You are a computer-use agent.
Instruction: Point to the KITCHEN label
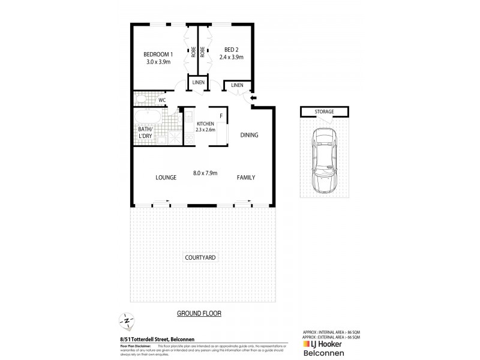[x=205, y=123]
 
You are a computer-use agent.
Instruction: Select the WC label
[x=162, y=100]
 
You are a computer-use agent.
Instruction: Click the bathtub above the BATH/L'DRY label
[x=147, y=116]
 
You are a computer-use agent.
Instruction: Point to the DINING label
[x=249, y=136]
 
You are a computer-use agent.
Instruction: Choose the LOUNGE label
[x=165, y=178]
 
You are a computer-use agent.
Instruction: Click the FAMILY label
[x=246, y=178]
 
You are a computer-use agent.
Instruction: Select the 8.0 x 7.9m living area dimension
[x=205, y=173]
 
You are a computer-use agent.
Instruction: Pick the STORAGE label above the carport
[x=324, y=112]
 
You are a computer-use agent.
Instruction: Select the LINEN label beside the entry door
[x=237, y=86]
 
